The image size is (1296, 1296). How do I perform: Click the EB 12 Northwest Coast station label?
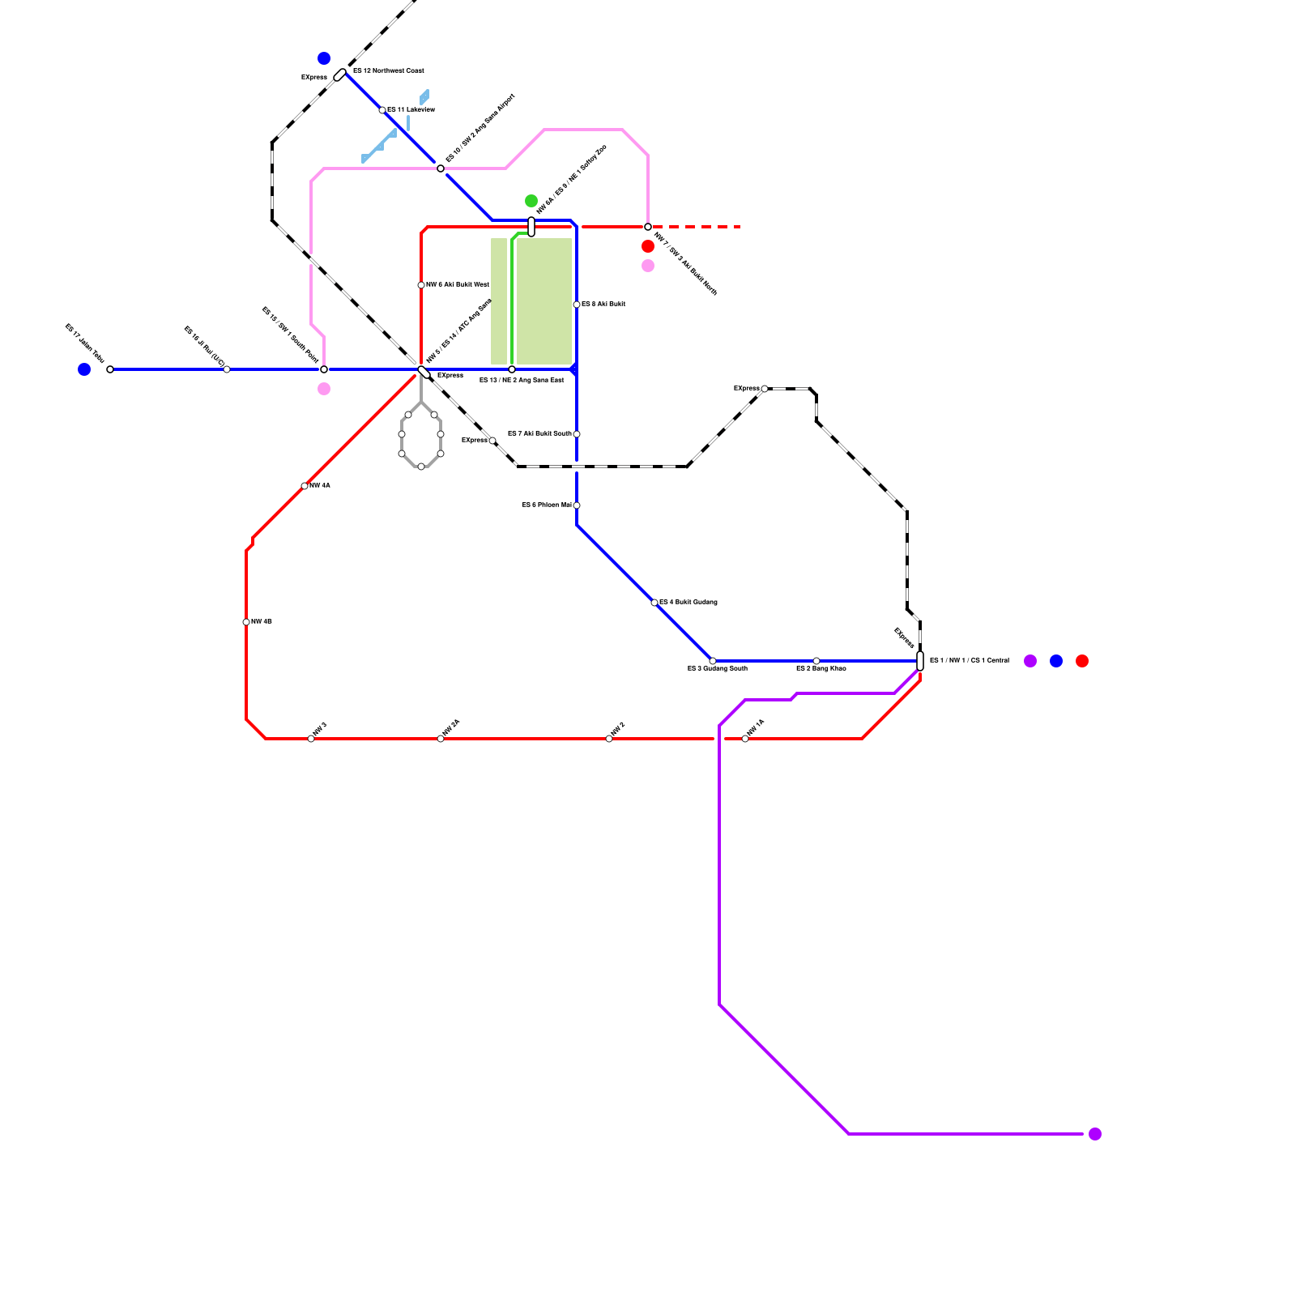(389, 71)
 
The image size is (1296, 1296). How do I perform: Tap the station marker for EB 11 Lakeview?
(382, 110)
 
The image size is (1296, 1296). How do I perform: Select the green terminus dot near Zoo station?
(531, 201)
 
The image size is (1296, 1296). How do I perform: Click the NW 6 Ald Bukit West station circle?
(421, 285)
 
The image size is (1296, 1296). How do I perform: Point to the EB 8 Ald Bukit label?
(603, 305)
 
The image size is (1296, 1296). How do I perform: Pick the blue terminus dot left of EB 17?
(84, 369)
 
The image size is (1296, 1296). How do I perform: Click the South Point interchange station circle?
(324, 369)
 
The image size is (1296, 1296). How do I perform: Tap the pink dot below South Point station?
(324, 389)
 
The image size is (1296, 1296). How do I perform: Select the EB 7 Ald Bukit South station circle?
(577, 434)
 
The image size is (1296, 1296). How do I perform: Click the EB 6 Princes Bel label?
(547, 505)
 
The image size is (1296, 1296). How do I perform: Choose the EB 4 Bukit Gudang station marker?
(654, 603)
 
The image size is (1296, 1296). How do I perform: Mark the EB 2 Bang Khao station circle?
(816, 661)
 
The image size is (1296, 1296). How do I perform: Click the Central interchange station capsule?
(920, 661)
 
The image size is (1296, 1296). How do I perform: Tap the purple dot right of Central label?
(1030, 661)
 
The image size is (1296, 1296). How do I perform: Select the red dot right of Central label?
(1082, 661)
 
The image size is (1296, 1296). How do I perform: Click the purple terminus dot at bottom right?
(1095, 1134)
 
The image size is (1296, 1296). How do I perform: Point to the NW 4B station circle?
(246, 622)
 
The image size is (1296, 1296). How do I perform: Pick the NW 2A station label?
(451, 727)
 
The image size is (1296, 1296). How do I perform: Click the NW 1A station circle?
(745, 739)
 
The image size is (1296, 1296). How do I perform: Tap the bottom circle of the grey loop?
(421, 467)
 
